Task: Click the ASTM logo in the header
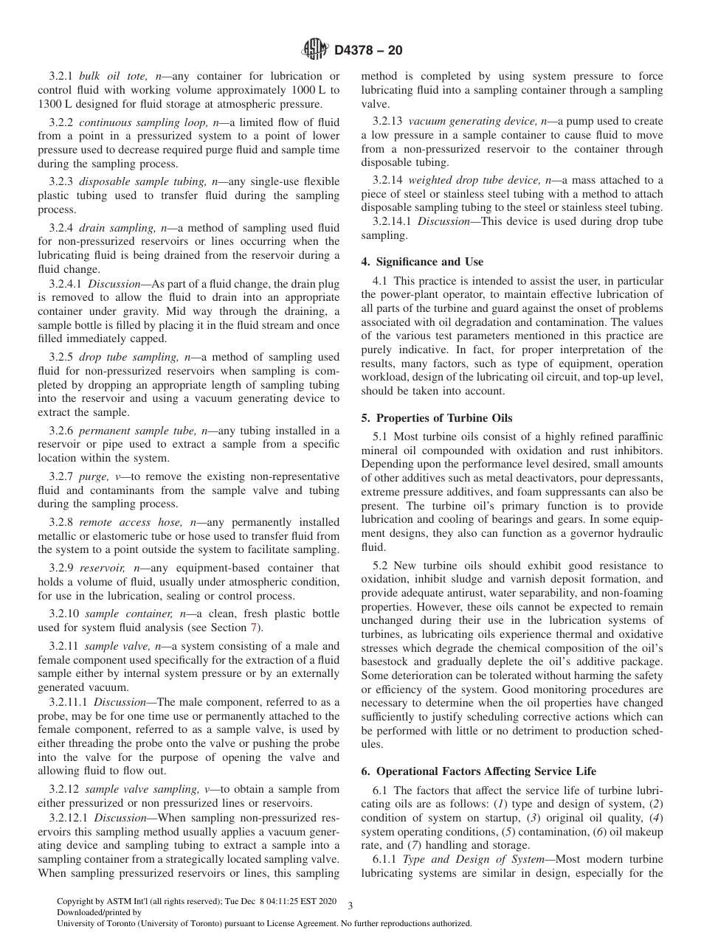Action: pos(315,50)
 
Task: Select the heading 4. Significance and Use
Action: pos(422,262)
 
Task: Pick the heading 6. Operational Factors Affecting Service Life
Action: pos(478,771)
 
